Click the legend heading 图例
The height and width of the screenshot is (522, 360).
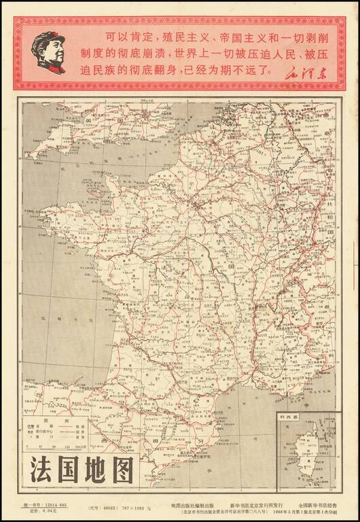[x=63, y=421]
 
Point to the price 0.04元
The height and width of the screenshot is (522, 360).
[x=48, y=512]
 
